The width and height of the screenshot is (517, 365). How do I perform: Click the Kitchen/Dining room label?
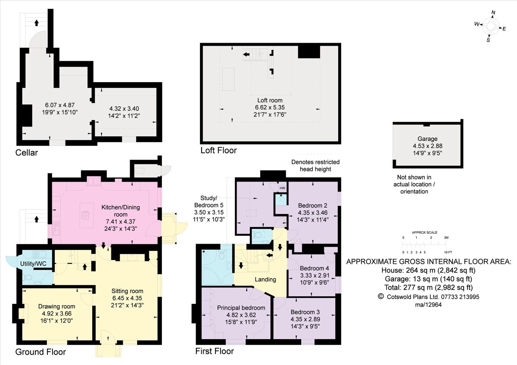click(x=121, y=211)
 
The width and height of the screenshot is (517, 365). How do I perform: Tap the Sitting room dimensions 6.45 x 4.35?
click(x=127, y=298)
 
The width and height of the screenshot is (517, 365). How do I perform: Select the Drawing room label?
click(x=56, y=306)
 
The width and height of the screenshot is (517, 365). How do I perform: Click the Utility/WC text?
click(x=33, y=264)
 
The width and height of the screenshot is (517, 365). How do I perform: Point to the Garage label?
click(x=427, y=139)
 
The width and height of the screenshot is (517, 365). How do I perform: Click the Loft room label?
click(x=270, y=100)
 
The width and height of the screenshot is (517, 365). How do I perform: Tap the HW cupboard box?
click(x=282, y=188)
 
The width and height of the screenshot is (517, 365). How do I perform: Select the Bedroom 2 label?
click(x=312, y=205)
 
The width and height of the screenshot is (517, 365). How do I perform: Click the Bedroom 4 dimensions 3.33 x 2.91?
click(x=315, y=275)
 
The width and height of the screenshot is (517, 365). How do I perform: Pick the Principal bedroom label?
click(x=241, y=308)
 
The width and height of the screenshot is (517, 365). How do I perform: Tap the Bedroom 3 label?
click(x=305, y=312)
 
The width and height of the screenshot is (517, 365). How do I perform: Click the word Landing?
click(x=265, y=279)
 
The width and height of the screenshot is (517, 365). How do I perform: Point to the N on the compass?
click(x=493, y=12)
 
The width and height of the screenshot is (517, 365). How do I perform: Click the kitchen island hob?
click(x=87, y=215)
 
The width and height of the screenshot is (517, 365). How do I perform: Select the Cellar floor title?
click(x=27, y=153)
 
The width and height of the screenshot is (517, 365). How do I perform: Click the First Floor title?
click(x=215, y=351)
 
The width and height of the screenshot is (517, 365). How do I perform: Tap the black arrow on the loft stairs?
click(x=246, y=54)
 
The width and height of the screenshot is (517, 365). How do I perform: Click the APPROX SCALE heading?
click(x=424, y=232)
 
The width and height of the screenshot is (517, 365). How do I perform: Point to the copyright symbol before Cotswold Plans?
click(x=380, y=296)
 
